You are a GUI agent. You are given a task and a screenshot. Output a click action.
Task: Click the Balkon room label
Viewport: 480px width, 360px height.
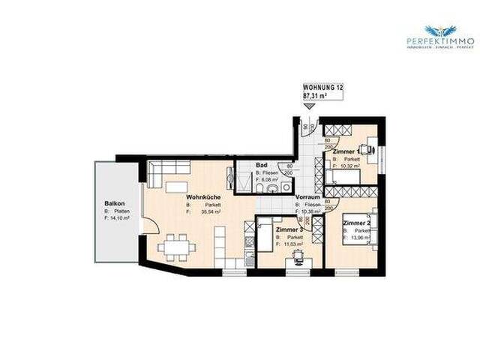click(114, 203)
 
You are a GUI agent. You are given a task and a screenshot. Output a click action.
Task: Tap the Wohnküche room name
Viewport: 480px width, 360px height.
click(202, 197)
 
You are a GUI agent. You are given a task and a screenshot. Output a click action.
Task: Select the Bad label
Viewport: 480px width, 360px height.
click(262, 164)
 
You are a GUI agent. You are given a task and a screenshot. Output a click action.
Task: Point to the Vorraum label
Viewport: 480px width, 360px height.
click(308, 196)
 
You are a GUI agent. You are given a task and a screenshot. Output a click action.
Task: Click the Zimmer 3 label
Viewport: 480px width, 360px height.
click(289, 229)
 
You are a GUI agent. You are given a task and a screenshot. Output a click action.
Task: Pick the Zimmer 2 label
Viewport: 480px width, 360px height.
click(358, 223)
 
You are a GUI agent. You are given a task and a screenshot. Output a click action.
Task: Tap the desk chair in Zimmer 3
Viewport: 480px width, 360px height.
click(298, 256)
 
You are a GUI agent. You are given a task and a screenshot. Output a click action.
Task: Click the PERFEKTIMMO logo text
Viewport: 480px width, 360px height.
click(439, 40)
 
